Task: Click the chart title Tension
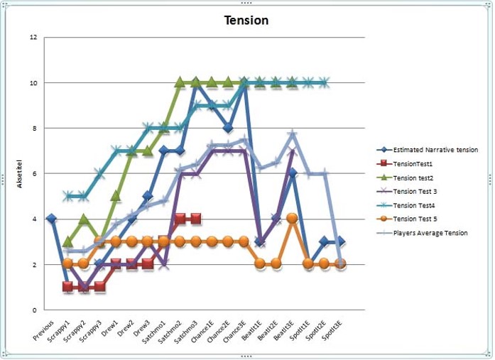tap(246, 20)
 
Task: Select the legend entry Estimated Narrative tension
tap(435, 150)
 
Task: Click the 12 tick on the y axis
tap(33, 37)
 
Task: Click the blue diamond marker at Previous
tap(51, 219)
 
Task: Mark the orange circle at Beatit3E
tap(292, 219)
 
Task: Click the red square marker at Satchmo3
tap(195, 219)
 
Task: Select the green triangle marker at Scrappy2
tap(83, 219)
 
